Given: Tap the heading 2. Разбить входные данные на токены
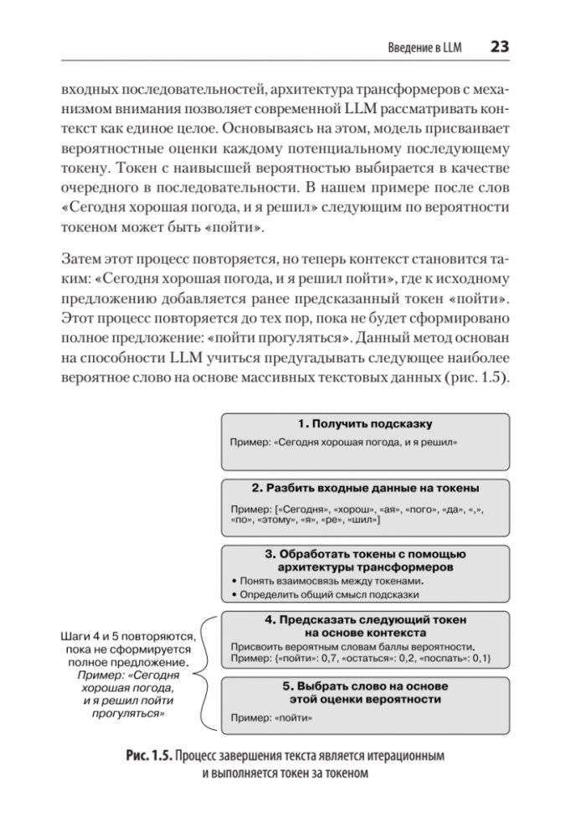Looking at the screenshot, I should coord(366,487).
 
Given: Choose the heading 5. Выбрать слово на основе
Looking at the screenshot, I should coord(365,686).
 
